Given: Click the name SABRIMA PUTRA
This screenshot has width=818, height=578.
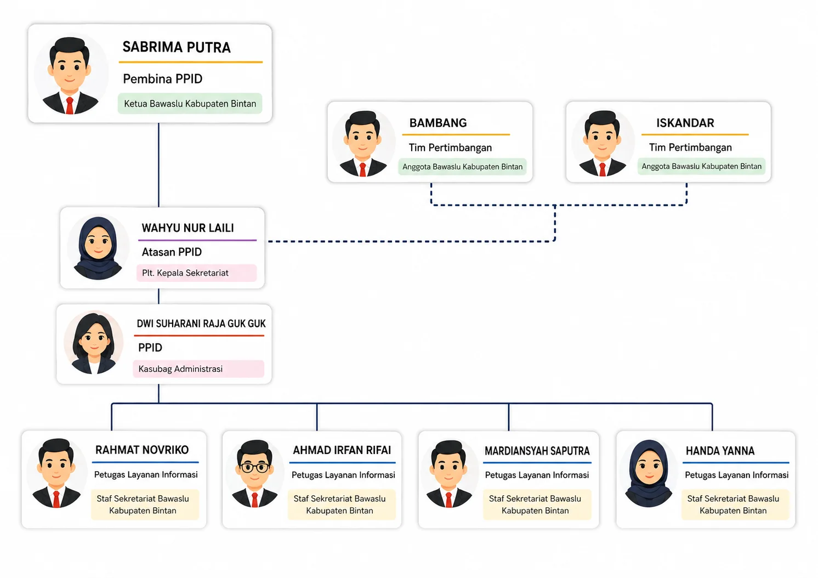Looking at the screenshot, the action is [177, 47].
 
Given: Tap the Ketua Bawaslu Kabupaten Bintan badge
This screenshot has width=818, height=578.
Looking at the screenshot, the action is [190, 104].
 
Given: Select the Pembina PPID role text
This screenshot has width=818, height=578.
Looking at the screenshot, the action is [162, 78].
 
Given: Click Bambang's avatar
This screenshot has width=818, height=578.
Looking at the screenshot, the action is [363, 144].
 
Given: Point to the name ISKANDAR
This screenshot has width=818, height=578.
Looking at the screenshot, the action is [685, 123].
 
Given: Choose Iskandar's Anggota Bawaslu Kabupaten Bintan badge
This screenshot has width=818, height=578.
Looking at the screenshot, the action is [702, 166].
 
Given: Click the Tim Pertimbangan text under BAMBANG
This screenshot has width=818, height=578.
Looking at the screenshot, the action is [450, 148].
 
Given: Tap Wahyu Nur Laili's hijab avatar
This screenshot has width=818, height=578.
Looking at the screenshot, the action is [98, 248].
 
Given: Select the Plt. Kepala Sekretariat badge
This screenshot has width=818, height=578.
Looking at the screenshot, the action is [196, 273].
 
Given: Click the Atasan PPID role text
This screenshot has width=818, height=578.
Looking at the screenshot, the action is [172, 252].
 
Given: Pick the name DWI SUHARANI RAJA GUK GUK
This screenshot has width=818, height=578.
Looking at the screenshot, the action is [201, 324].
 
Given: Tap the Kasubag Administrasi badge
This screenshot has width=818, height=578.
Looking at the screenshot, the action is [198, 369].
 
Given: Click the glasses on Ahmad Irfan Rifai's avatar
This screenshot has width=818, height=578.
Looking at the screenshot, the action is [255, 467].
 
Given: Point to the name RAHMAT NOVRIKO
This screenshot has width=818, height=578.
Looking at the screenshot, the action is [142, 450].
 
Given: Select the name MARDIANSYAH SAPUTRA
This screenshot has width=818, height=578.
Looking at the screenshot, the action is [537, 451].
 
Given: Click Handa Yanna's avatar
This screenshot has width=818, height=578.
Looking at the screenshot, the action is [649, 473].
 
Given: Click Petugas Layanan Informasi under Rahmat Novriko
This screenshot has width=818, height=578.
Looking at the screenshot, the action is [146, 474].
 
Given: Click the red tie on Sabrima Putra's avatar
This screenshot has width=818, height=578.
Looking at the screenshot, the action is [70, 105].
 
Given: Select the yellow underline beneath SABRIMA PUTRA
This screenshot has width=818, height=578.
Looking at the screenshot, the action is [191, 62].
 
